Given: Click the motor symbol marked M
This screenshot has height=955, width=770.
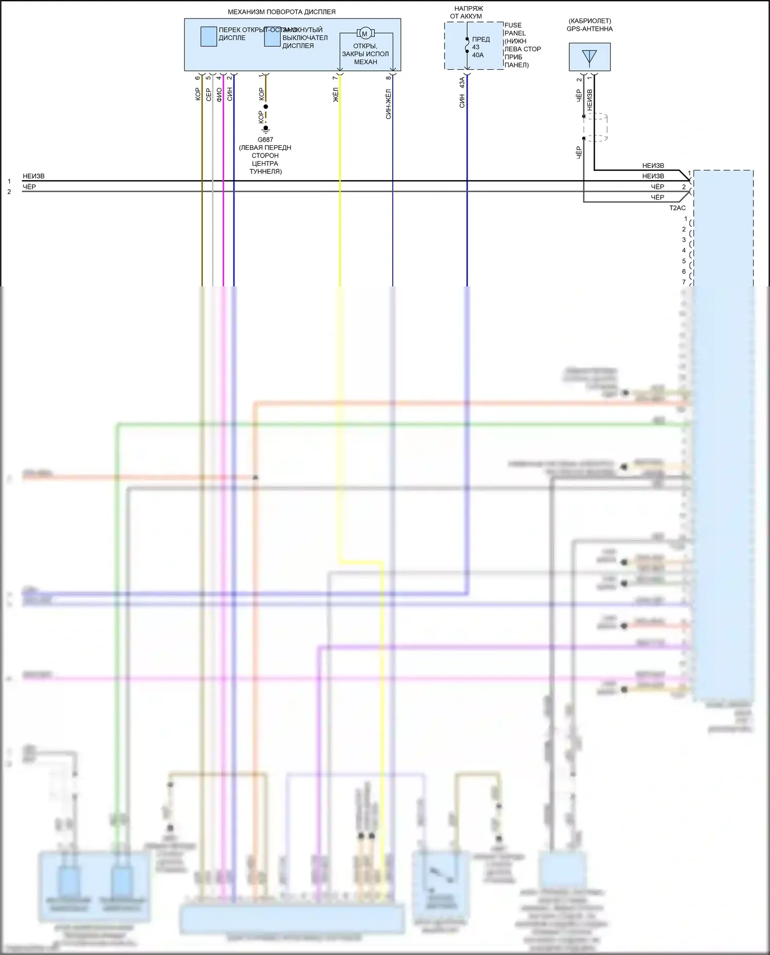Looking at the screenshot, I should tap(365, 34).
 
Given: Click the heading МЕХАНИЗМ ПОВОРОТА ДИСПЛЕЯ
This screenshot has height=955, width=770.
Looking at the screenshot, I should tap(281, 12).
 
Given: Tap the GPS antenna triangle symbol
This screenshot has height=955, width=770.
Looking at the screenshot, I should tap(589, 57).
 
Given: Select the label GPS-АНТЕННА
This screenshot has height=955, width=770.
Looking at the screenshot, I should tap(589, 29).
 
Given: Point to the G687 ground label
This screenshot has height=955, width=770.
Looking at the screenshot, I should tap(265, 140).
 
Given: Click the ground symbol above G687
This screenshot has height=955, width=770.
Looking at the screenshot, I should tap(265, 128).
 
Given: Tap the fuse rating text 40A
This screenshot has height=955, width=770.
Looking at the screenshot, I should tap(478, 55).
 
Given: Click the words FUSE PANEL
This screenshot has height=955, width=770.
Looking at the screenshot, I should tap(514, 29).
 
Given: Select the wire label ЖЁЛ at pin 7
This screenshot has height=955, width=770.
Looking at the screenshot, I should tap(336, 94).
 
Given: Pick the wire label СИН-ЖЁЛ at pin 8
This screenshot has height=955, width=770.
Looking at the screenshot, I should tap(389, 104).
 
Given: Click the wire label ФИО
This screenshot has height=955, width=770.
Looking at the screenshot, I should tap(219, 94).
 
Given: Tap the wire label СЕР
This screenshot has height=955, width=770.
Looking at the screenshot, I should tap(208, 94).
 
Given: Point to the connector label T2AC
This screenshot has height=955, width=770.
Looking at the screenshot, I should tap(677, 208).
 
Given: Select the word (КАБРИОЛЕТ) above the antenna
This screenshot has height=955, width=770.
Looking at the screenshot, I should tap(590, 21).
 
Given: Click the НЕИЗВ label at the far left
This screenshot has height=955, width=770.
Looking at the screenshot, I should tap(33, 176).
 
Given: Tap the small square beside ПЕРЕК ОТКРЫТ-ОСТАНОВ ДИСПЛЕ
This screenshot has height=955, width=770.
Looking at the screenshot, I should tap(208, 36).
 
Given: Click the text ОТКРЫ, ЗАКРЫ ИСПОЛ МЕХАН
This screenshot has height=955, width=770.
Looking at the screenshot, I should tap(365, 54).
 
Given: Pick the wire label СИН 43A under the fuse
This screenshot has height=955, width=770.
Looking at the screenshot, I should tap(462, 92).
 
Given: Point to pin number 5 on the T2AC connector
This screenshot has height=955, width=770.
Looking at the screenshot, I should tap(684, 261).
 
